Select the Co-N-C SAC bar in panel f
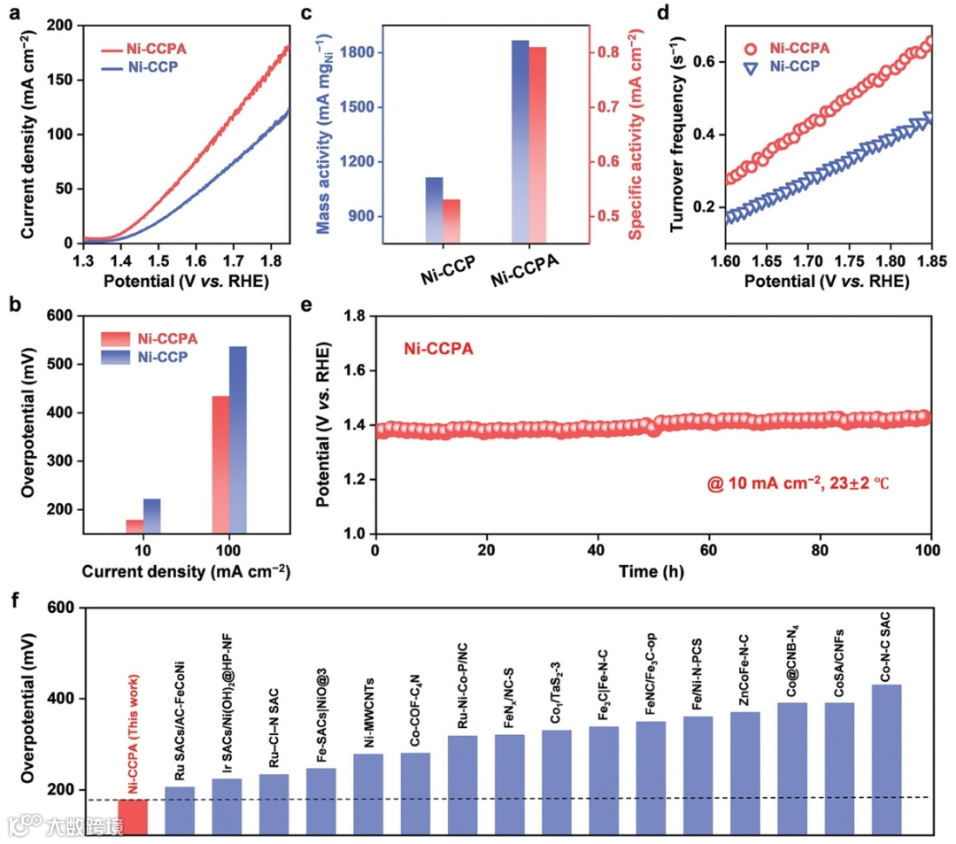(x=887, y=759)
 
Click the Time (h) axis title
(x=653, y=573)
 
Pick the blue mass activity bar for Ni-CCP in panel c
(x=435, y=210)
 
